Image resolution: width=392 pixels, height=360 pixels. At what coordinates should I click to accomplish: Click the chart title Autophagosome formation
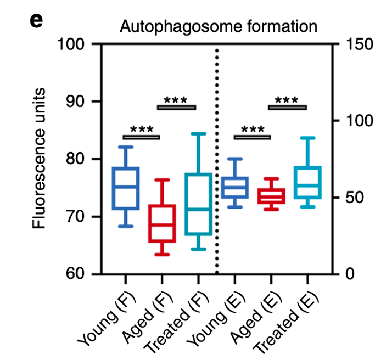click(x=219, y=26)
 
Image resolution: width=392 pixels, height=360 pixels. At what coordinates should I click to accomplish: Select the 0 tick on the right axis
click(x=351, y=274)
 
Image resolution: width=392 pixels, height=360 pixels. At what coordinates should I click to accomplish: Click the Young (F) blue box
click(x=126, y=188)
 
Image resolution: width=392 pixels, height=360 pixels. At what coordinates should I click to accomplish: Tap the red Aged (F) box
click(x=162, y=223)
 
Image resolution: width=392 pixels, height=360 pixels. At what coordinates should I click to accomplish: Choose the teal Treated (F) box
click(x=198, y=204)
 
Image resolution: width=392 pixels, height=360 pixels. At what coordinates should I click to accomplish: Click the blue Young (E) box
click(x=235, y=188)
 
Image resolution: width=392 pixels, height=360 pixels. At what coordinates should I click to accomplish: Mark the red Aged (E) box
click(x=271, y=196)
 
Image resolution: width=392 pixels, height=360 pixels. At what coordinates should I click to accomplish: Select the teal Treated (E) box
click(x=307, y=182)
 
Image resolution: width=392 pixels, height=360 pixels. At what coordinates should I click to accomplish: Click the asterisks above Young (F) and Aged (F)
click(x=142, y=131)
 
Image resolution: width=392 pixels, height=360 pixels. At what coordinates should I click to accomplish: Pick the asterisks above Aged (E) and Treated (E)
click(x=287, y=101)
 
